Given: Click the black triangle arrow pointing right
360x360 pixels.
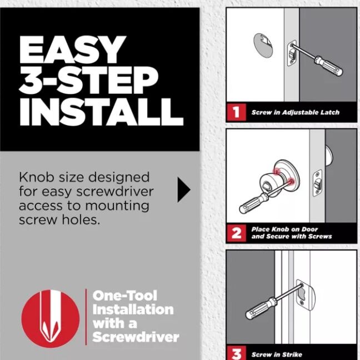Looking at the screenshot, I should click(183, 190).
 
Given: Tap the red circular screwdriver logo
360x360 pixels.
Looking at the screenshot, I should click(51, 316).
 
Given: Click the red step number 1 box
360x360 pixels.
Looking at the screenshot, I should click(236, 112).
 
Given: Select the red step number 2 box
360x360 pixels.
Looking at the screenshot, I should click(236, 233).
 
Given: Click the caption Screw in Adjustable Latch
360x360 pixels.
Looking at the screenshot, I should click(295, 112).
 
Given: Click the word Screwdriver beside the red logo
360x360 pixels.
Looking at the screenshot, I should click(136, 337).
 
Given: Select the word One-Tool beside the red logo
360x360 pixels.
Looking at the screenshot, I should click(125, 296).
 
